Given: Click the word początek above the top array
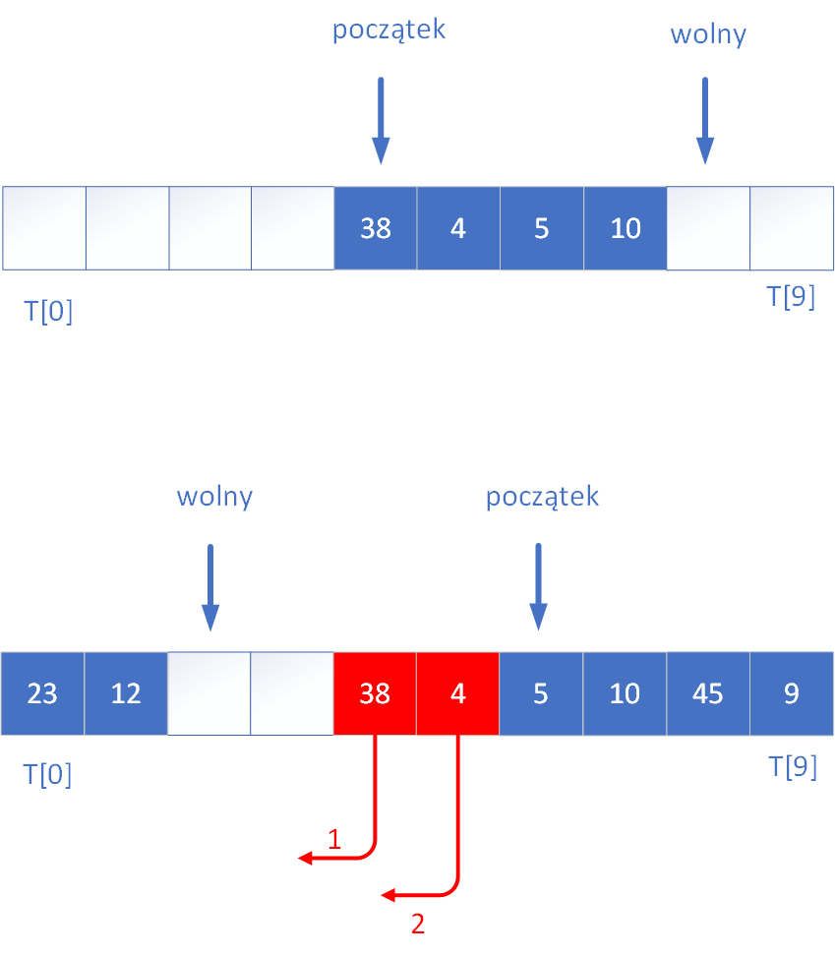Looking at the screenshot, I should coord(388,30).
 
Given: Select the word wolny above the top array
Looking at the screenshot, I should coord(708,35).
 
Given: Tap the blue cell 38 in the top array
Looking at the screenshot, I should coord(376,228).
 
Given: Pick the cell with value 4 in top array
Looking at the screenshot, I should coord(458,228).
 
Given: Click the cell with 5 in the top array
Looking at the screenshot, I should coord(541,228).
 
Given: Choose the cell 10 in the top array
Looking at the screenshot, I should coord(625,228).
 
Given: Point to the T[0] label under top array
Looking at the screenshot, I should coord(48,313).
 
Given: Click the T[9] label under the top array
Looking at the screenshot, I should coord(791,297).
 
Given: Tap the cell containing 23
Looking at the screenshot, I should coord(42,693).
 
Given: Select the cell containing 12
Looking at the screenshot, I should coord(126,693).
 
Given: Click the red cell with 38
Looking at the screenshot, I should coord(375,693).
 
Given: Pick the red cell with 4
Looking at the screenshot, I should coord(457,693).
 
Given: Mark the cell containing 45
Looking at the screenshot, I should coord(707,693).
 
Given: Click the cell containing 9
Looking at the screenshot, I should coord(792,693).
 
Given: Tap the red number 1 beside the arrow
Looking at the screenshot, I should coord(334,839).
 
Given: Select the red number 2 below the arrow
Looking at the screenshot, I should coord(418,925).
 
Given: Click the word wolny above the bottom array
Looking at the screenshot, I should coord(214,497).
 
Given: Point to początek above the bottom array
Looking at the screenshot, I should coord(542,497).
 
